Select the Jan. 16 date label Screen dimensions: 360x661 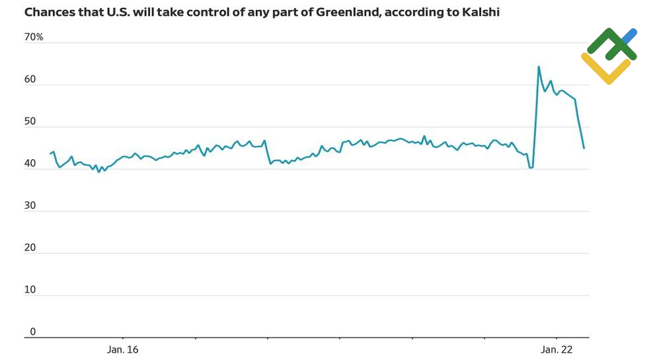tap(123, 349)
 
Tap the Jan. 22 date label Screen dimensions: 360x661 tap(557, 349)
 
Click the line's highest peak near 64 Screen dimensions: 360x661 tap(539, 66)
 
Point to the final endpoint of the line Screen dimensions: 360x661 tap(584, 148)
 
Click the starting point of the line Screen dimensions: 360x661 tap(50, 154)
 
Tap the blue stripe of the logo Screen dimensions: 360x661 tap(629, 36)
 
